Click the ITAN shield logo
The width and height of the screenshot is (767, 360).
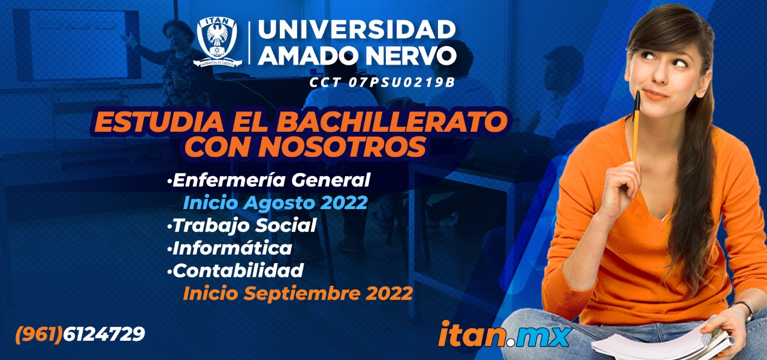(x=218, y=41)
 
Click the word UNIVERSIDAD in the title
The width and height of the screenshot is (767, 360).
(x=357, y=29)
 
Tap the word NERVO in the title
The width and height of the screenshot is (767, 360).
(x=412, y=55)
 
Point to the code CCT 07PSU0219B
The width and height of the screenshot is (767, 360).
(x=382, y=82)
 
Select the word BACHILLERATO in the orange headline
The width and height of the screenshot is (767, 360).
(x=392, y=122)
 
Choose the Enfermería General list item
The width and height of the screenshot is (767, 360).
(x=269, y=180)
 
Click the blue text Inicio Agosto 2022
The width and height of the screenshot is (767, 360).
(x=275, y=203)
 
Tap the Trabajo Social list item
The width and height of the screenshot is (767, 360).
(x=241, y=225)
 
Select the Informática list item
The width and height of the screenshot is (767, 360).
(x=230, y=248)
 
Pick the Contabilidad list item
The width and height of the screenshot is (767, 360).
(x=235, y=271)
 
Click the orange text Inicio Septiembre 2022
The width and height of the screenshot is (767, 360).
(x=298, y=294)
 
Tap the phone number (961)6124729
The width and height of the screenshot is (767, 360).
(x=80, y=334)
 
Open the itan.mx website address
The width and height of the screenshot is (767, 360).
(x=505, y=334)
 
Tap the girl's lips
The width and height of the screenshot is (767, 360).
(x=655, y=95)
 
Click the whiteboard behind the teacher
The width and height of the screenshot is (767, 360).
(x=77, y=45)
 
